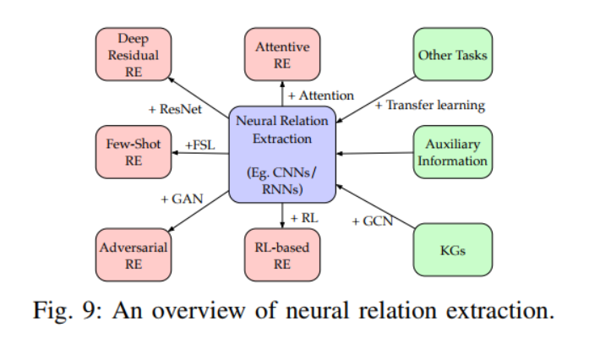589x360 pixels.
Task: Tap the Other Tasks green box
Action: point(452,55)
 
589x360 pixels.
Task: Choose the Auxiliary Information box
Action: point(455,153)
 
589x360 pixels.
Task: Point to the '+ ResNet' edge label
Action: point(175,109)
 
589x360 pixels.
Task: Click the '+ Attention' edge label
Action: point(320,95)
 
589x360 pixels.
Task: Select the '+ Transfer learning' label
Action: point(429,106)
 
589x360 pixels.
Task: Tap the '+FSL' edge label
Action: point(199,145)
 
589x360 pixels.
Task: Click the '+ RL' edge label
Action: point(303,218)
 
